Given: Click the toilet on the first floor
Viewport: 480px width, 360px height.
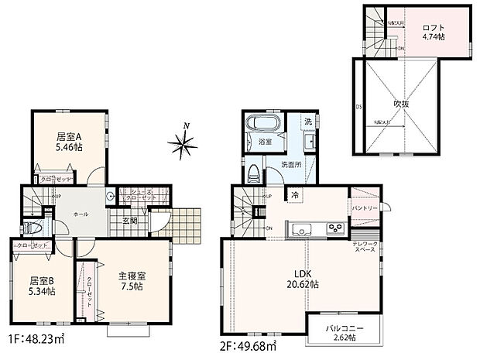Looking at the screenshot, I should coord(30,228).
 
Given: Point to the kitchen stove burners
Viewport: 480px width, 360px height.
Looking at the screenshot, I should coord(334,228).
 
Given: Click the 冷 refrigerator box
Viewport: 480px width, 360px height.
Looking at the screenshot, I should coord(296,196).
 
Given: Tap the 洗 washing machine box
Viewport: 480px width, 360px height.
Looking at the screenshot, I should coord(307,122).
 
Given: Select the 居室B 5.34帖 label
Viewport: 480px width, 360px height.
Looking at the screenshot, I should coord(41,286).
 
